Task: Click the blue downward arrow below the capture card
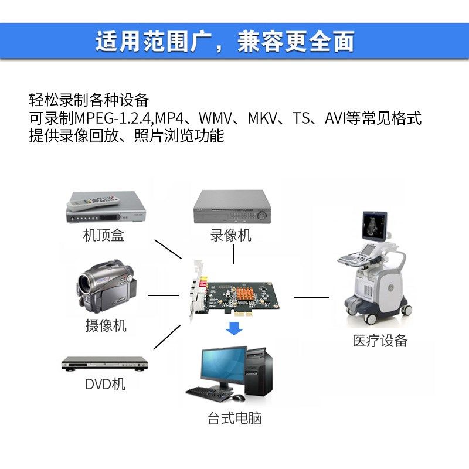point(235,328)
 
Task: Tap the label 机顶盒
point(103,236)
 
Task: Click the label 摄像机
point(106,325)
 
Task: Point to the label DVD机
point(105,385)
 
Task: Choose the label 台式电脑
point(235,419)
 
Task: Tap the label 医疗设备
point(380,341)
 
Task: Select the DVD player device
point(104,364)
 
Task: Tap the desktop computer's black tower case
point(259,372)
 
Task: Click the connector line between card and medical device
point(311,297)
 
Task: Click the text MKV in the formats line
point(263,118)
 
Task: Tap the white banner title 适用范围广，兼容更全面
point(225,42)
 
